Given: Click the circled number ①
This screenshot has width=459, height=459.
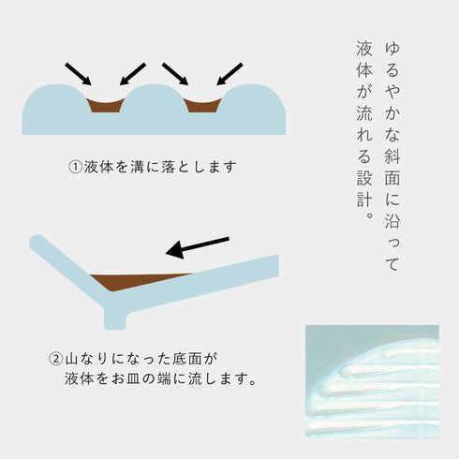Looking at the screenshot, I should point(75,168).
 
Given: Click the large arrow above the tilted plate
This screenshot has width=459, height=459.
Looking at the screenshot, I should point(197,246).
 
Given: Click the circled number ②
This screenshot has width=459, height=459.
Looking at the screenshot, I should point(56,359).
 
